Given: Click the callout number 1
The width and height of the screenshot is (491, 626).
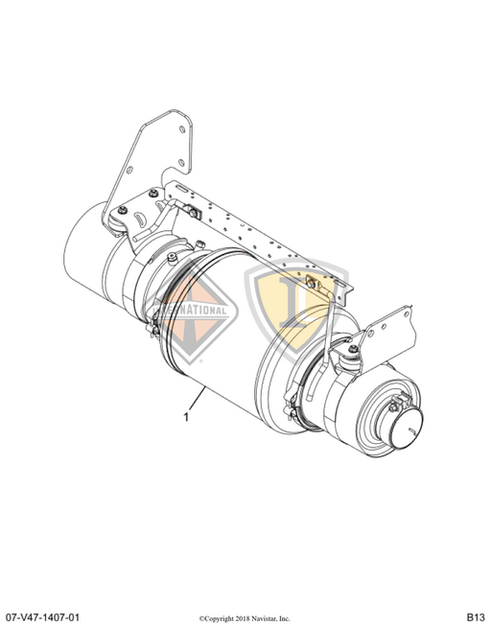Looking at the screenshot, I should click(x=187, y=418).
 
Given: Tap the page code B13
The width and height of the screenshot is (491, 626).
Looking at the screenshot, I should click(x=476, y=614).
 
